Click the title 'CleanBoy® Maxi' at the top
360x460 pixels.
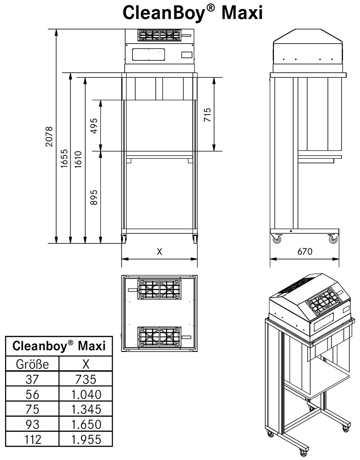[192, 12]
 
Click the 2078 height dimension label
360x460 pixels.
[50, 137]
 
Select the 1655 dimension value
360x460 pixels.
[64, 159]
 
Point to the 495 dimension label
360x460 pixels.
[94, 125]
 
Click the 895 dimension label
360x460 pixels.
[94, 196]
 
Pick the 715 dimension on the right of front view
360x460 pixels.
[208, 114]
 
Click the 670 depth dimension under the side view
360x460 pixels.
[305, 252]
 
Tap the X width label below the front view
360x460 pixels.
[159, 252]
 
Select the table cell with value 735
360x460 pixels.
[86, 379]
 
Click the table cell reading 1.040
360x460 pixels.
[86, 394]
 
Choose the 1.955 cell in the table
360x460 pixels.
[86, 439]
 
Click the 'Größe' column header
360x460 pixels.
[32, 364]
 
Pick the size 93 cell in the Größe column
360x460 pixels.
[32, 424]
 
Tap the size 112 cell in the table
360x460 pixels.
[32, 439]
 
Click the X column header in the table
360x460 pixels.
[86, 364]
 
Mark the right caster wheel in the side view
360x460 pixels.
[333, 239]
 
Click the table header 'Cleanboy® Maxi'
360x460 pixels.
[58, 346]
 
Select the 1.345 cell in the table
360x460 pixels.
[86, 409]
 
